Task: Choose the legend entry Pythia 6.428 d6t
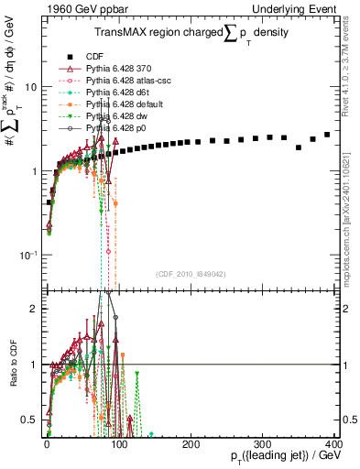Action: tap(116, 93)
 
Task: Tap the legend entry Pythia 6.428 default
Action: tap(122, 105)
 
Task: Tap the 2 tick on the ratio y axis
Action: tap(33, 309)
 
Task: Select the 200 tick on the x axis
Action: tap(191, 444)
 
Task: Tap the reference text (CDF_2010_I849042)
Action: tap(191, 274)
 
